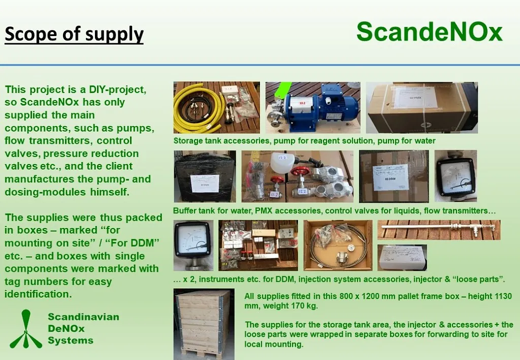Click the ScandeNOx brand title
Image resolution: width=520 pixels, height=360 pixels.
point(430,31)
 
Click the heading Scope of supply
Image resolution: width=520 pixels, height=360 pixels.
point(74,34)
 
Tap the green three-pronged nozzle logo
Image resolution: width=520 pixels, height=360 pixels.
point(26,329)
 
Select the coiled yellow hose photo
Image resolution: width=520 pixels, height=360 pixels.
point(216,108)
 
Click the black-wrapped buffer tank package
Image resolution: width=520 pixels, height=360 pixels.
point(205,176)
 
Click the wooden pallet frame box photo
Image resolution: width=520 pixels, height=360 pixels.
point(204,324)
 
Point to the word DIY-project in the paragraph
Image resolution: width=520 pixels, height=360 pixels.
point(117,89)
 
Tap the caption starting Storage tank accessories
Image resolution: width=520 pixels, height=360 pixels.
point(305,141)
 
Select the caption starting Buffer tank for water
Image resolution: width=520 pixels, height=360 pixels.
point(334,211)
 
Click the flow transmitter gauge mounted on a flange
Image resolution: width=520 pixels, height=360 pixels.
point(193,245)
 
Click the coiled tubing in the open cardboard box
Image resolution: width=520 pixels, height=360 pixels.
point(338,245)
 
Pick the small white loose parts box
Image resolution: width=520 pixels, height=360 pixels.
point(402,257)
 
